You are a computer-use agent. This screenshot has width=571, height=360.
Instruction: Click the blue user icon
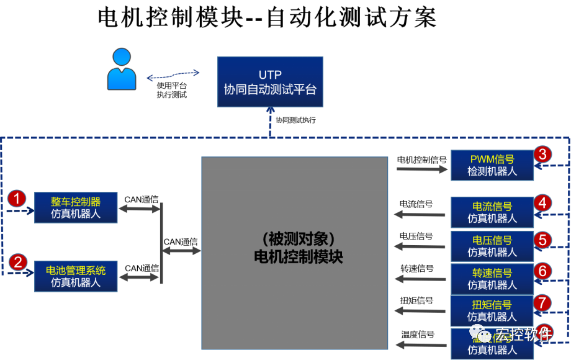(122, 70)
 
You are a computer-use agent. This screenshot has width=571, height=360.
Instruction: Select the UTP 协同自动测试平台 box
(270, 83)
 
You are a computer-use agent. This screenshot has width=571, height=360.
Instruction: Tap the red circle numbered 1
(19, 198)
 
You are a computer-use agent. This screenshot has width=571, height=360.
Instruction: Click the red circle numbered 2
(19, 261)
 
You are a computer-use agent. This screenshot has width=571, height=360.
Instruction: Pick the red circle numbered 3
(542, 154)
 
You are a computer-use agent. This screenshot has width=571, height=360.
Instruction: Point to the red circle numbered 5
(542, 239)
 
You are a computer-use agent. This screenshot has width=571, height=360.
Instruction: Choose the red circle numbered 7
(542, 303)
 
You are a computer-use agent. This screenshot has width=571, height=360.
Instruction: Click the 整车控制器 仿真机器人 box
(76, 208)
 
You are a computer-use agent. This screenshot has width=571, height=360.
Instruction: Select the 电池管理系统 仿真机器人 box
(76, 276)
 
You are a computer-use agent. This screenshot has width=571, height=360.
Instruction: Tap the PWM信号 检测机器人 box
(492, 165)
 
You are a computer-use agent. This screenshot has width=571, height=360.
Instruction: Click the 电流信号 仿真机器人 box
(492, 212)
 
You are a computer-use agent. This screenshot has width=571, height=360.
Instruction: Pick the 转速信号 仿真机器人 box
(492, 279)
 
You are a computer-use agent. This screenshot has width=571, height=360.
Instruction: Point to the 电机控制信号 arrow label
(421, 160)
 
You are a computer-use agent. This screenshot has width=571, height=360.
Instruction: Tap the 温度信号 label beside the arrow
(417, 334)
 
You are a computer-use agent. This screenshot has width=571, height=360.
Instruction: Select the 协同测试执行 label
(296, 120)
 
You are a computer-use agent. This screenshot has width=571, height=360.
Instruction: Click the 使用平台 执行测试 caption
(172, 91)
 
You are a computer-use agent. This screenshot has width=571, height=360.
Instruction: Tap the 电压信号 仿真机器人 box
(492, 246)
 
